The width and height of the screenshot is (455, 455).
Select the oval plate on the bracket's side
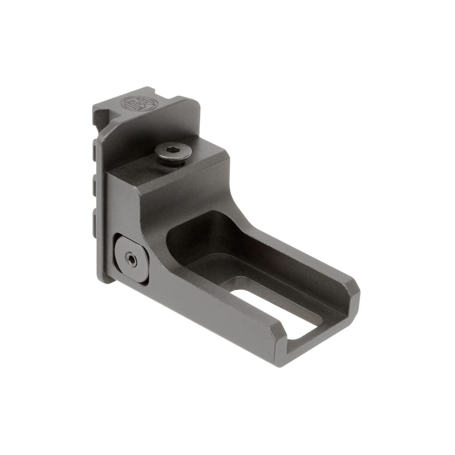point(131,258)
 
